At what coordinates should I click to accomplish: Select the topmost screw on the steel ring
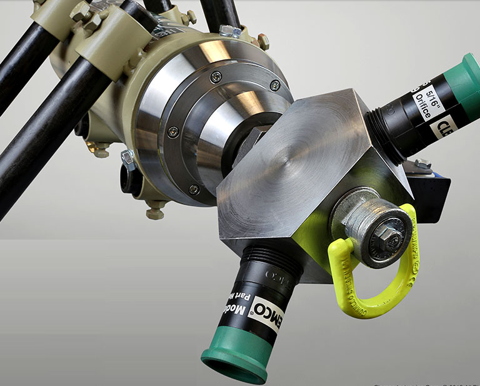pos(216,76)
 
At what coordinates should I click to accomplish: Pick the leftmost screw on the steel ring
pos(172,131)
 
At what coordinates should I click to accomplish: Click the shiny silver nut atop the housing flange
pos(229,31)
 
